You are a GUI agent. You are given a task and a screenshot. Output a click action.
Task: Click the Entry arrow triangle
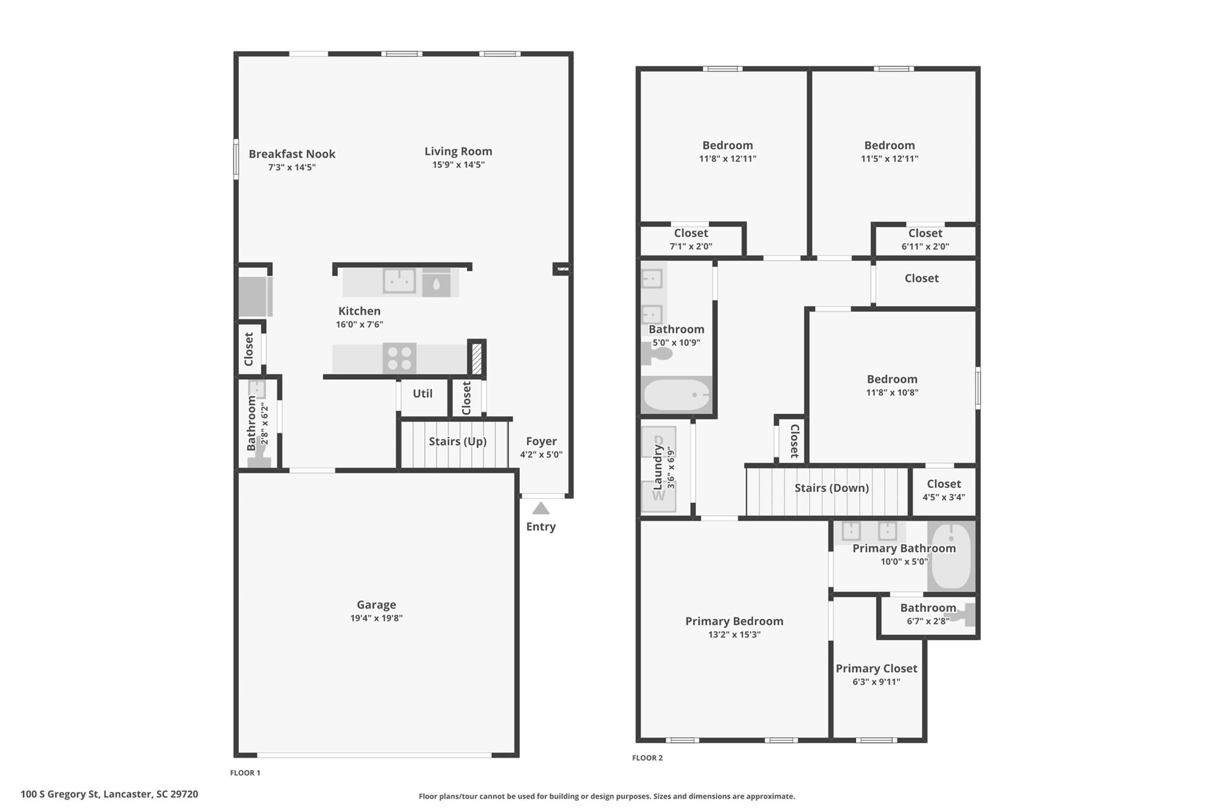click(x=541, y=509)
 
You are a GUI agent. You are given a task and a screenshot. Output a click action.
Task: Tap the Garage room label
click(x=376, y=605)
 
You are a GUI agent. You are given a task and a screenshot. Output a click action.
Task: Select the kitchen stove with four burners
click(x=399, y=359)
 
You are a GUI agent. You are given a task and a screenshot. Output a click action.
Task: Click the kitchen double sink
click(x=399, y=281)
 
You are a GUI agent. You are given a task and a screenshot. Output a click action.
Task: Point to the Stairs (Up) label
click(x=458, y=442)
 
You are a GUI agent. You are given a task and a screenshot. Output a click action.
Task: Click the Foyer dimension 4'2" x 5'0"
click(x=541, y=455)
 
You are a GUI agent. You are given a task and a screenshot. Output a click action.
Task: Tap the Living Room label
click(x=458, y=151)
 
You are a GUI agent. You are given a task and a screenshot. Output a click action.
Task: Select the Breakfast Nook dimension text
click(x=292, y=167)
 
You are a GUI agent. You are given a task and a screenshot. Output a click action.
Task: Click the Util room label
click(x=423, y=394)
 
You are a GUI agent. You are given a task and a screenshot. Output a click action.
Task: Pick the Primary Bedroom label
click(x=734, y=621)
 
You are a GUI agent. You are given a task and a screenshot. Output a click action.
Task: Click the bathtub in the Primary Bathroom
click(x=951, y=556)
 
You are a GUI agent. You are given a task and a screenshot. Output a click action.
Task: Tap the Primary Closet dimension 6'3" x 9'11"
click(x=877, y=682)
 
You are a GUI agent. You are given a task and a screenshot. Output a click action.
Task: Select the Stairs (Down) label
click(x=832, y=488)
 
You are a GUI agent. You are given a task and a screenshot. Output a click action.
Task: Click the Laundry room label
click(x=657, y=468)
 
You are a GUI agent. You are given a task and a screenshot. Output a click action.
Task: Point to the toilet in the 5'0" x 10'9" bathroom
click(x=657, y=353)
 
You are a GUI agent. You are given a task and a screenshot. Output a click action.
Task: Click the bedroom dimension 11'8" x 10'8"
click(x=892, y=392)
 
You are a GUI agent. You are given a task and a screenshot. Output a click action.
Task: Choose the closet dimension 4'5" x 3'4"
click(x=944, y=497)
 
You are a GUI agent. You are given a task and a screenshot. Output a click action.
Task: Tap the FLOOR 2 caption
click(x=647, y=758)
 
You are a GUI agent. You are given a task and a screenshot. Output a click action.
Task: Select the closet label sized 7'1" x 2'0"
click(x=691, y=234)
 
